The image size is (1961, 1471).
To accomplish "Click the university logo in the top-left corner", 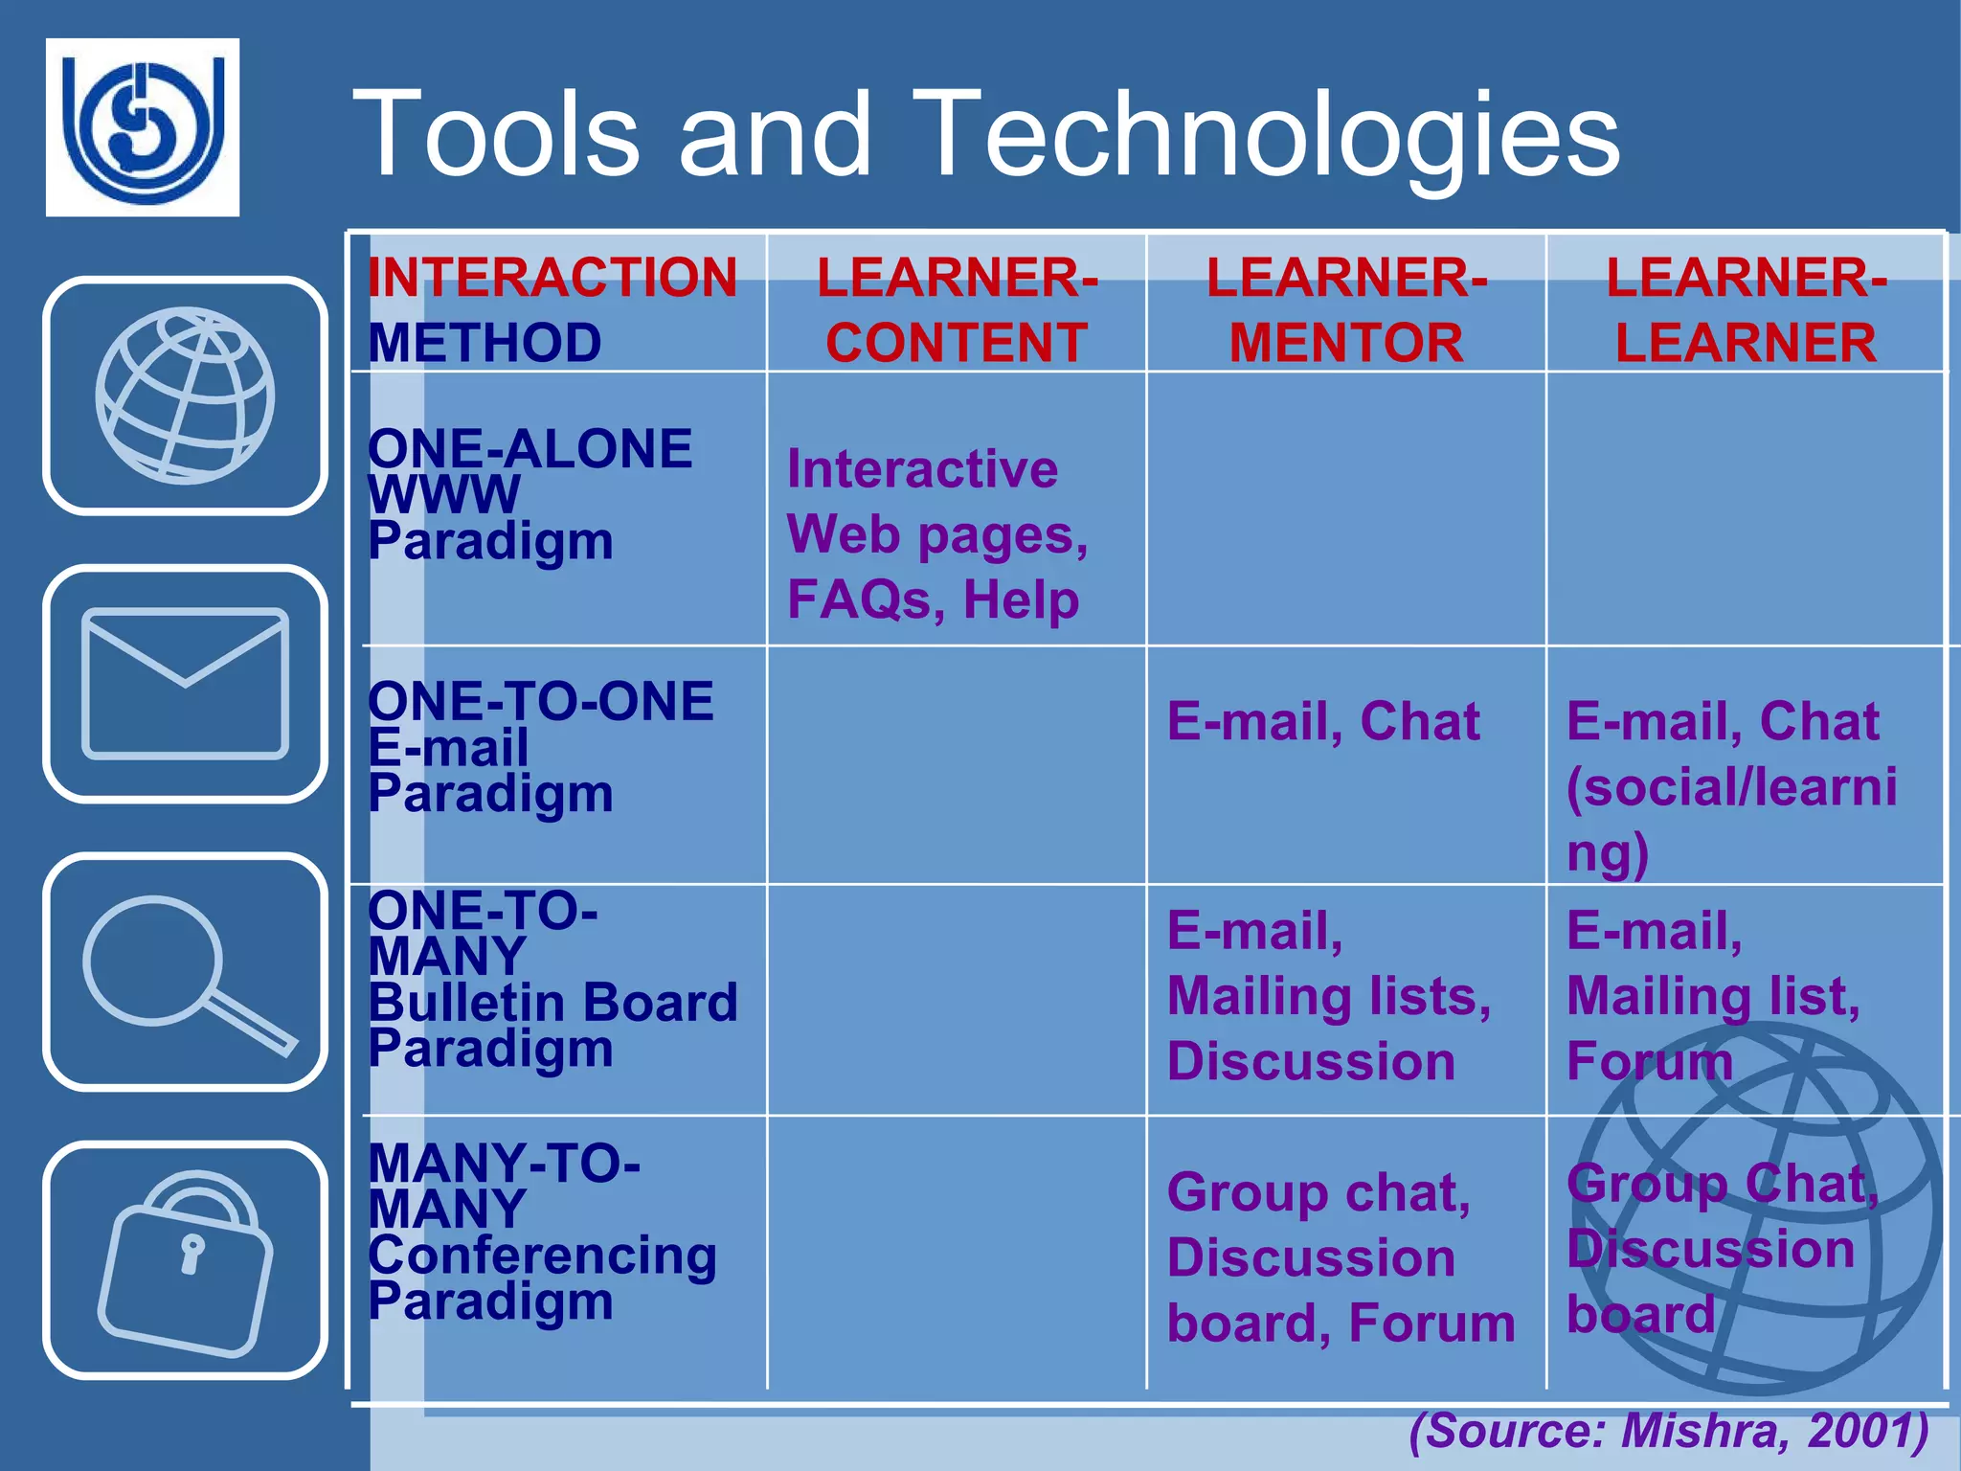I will coord(143,127).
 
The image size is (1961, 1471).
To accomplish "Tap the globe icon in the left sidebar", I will coord(185,396).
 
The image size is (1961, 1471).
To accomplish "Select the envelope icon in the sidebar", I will coord(185,684).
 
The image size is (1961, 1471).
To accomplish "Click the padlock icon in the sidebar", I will coord(185,1260).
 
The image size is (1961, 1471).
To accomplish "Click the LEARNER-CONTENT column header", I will coord(957,309).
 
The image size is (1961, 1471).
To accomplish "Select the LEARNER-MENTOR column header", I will coord(1345,309).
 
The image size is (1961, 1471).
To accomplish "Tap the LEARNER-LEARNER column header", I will coord(1746,309).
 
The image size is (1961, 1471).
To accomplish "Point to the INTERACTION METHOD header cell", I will coord(552,309).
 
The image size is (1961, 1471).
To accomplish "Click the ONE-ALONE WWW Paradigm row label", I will coord(530,495).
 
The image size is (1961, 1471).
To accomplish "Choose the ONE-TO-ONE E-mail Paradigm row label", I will coord(540,747).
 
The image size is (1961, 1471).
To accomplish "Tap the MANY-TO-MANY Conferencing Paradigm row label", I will coord(542,1233).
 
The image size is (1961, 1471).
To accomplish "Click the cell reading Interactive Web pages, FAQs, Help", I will coord(936,534).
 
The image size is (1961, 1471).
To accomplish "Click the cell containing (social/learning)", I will coord(1730,786).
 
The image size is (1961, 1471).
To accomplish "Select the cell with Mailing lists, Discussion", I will coord(1328,997).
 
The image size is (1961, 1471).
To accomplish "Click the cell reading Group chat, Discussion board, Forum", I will coord(1341,1257).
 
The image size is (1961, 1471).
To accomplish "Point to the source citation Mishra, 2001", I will coord(1668,1430).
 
